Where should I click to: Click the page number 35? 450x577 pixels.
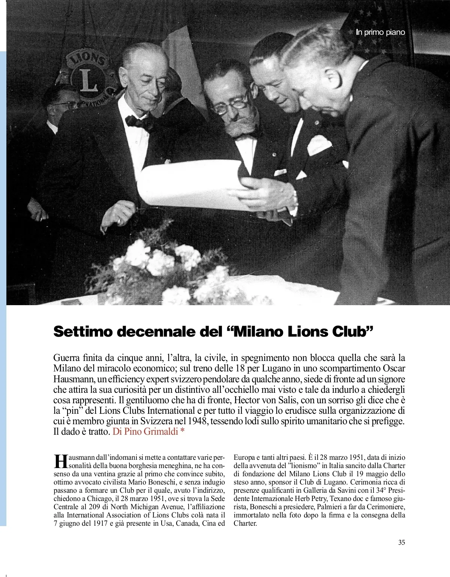pos(402,542)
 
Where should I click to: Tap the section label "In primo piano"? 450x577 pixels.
pos(380,32)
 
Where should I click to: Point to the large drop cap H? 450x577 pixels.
pos(60,461)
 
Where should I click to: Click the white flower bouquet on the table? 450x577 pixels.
pos(165,262)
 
